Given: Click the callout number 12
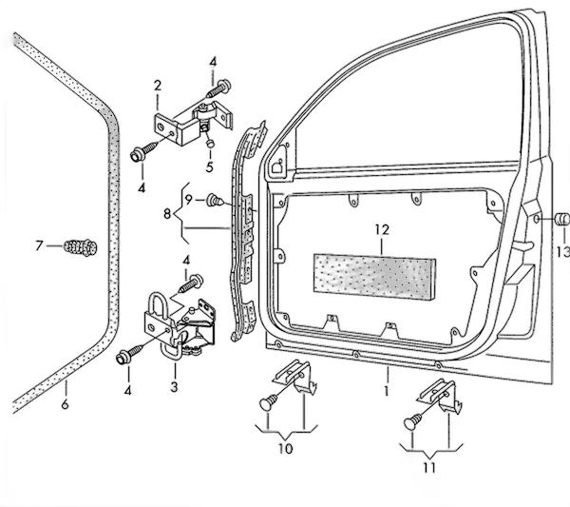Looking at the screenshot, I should (x=382, y=229).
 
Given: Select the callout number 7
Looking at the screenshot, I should (x=40, y=246).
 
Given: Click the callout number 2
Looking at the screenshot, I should (x=156, y=88).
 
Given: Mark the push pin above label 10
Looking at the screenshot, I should (x=267, y=403).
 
